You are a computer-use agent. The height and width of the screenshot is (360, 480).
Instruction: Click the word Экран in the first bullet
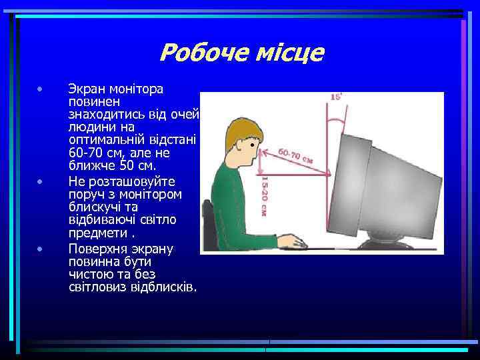[86, 89]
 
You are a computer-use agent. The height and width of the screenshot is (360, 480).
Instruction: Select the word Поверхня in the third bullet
[98, 249]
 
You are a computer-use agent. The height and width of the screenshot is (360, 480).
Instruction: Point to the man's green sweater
[230, 200]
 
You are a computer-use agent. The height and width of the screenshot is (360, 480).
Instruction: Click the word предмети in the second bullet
[96, 234]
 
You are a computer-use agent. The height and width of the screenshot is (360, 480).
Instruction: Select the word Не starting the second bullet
[75, 181]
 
